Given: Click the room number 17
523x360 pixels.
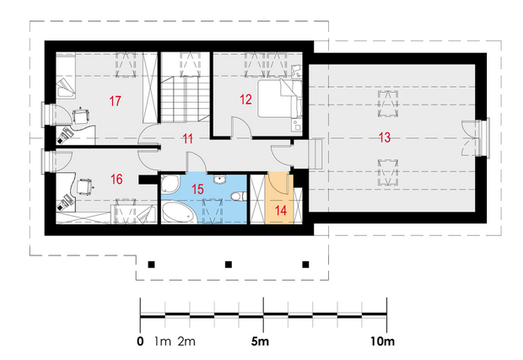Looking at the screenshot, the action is coord(115,101).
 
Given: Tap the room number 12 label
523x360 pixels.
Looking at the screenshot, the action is coord(245,99).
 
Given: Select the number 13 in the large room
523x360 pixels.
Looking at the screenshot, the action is coord(385,137).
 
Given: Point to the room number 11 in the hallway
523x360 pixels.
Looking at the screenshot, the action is coord(188,138).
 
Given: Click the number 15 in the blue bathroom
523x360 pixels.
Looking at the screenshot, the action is coord(197,189).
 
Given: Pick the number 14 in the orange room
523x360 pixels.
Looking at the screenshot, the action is coord(281,211).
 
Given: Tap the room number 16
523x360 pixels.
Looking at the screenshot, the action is coord(116,180).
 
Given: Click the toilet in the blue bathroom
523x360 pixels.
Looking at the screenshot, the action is coord(239,196).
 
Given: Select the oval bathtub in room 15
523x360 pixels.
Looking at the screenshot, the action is coord(177,212).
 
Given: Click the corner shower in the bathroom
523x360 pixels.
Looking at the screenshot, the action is coord(170,185).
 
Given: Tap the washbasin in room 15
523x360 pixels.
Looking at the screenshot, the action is coord(219,180).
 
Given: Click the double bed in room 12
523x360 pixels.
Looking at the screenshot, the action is coord(279,99).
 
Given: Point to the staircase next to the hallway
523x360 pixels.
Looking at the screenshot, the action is coord(185,99).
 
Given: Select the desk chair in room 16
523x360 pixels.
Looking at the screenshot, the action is coord(84,186).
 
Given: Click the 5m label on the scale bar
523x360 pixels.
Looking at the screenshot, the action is coord(260,341).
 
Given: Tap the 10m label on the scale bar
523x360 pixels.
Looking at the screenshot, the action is coord(382,341).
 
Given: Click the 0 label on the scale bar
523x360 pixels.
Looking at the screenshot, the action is coord(140,341).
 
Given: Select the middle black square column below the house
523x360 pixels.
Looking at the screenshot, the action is coord(229,265).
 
